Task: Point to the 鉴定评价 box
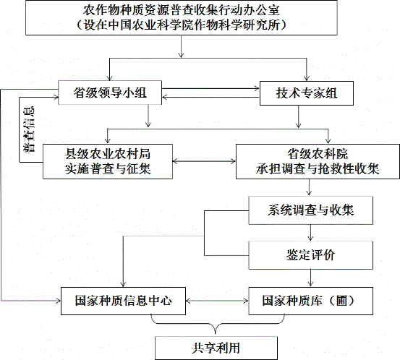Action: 310,255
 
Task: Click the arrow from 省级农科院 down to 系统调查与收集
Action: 310,188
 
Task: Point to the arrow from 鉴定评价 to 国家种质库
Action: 310,278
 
